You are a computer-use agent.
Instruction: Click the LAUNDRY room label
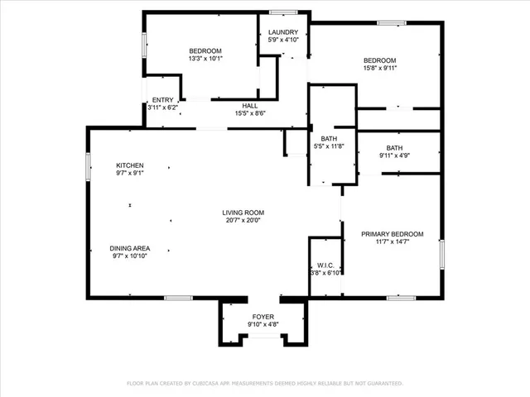click(282, 32)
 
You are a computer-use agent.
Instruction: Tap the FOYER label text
click(263, 317)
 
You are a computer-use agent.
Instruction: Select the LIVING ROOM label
click(243, 213)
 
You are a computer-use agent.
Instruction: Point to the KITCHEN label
click(130, 165)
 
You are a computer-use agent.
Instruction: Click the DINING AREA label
click(130, 248)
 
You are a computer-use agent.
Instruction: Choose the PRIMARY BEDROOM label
click(392, 234)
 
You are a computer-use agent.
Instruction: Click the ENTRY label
click(162, 100)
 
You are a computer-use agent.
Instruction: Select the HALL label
click(249, 106)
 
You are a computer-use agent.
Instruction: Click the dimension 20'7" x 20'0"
click(243, 221)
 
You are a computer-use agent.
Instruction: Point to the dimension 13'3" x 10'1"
click(205, 58)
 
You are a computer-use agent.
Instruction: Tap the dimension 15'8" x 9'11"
click(380, 68)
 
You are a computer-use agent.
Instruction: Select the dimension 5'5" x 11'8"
click(328, 146)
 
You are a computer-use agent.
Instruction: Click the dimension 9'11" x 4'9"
click(394, 155)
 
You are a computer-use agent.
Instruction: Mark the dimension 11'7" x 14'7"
click(392, 242)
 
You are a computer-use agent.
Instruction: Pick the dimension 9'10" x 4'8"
click(263, 325)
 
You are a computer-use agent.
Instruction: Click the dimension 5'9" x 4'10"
click(282, 40)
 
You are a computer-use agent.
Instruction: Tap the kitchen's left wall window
click(89, 165)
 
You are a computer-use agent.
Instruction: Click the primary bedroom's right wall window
click(442, 251)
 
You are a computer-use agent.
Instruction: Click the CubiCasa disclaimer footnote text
click(264, 384)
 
